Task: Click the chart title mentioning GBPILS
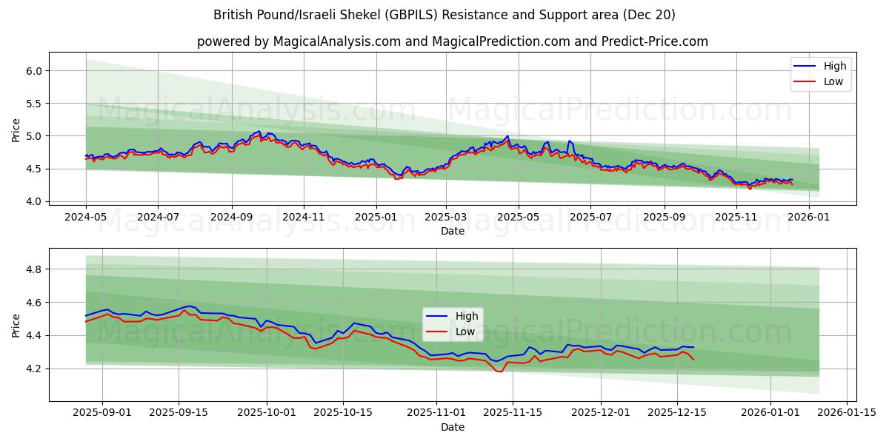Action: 444,15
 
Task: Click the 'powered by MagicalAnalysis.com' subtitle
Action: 452,41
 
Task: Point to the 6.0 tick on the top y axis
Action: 35,71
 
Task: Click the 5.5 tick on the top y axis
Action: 35,104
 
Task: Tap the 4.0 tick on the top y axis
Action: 35,201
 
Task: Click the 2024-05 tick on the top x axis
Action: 86,217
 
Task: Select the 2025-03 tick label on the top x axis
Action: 446,217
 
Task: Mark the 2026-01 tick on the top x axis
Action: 808,217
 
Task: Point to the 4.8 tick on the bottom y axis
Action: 35,269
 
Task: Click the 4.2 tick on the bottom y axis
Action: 35,369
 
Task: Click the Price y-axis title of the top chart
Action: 16,129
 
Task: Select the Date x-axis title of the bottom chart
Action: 452,427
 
